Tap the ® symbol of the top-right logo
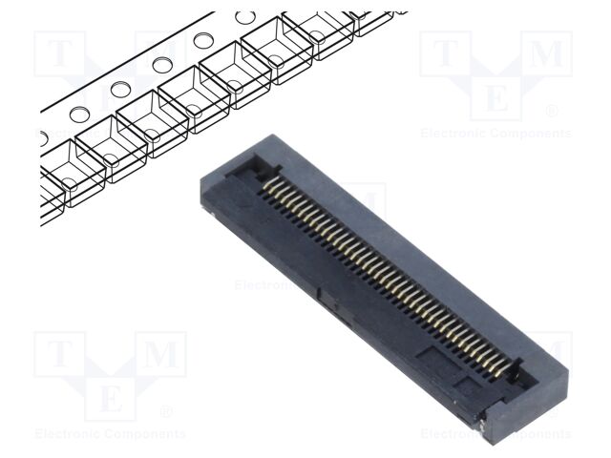click(x=551, y=112)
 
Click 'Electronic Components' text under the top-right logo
click(x=495, y=134)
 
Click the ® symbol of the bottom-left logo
click(x=166, y=411)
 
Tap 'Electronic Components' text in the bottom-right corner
click(x=495, y=434)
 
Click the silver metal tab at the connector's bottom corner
click(x=490, y=417)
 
